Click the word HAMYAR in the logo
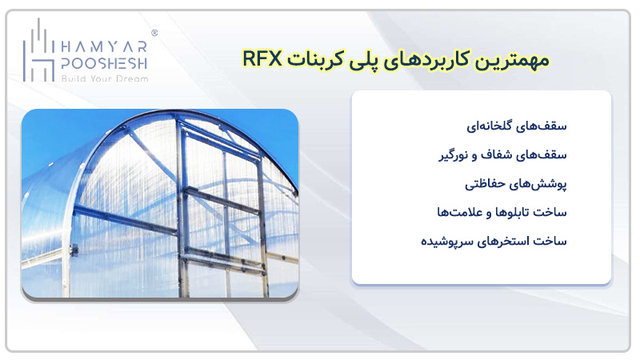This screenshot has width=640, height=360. coord(104,47)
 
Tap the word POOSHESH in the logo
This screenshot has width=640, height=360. coord(104,63)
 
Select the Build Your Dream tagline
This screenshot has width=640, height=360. coord(105,78)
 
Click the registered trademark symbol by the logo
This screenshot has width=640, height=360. coord(154,33)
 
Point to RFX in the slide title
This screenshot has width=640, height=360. coord(262,59)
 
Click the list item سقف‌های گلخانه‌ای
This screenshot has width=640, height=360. coord(516,126)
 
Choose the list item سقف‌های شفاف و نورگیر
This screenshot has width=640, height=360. coord(502,155)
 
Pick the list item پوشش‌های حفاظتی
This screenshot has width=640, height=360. coord(515,184)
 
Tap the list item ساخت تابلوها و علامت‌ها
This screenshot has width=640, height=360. coord(502,212)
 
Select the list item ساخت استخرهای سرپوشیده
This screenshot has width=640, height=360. coord(494,242)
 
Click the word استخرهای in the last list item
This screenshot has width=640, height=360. coord(501,242)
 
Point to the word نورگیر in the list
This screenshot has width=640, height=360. coord(453,155)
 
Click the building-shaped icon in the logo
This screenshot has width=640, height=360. coord(38,50)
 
